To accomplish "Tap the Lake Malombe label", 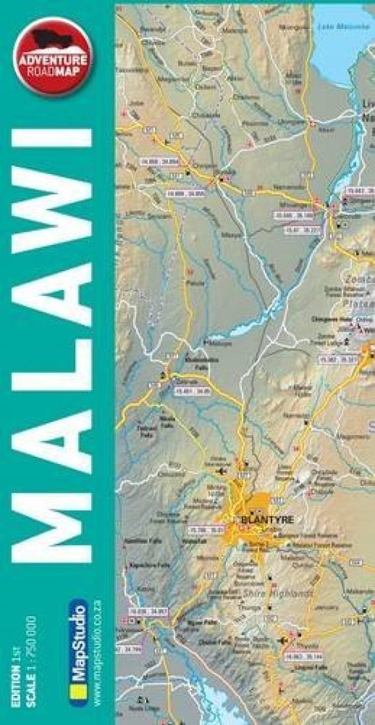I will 343,26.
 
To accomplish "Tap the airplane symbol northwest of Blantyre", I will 224,470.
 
